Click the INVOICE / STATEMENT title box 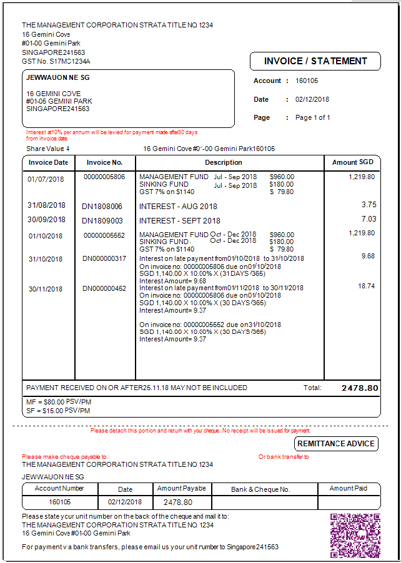click(x=315, y=61)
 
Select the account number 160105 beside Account click(x=307, y=81)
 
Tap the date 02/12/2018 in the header click(x=312, y=99)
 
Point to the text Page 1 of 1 click(x=312, y=117)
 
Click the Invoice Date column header click(x=48, y=162)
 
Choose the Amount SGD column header click(x=353, y=162)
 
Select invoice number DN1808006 click(x=102, y=206)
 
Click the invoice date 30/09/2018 click(x=46, y=220)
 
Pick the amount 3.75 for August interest click(x=369, y=205)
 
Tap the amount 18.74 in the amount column click(x=367, y=285)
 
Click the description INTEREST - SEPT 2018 click(x=180, y=220)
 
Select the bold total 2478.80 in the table click(x=360, y=388)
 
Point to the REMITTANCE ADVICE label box click(x=337, y=444)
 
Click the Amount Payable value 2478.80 click(x=178, y=502)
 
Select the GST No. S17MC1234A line click(x=56, y=62)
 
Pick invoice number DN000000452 click(x=104, y=288)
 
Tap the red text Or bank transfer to click(x=284, y=457)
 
